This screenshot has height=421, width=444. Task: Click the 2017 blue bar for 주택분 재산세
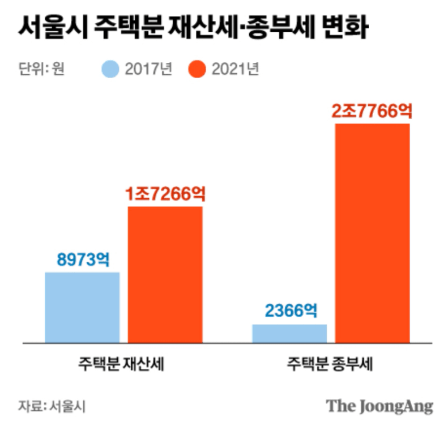pyautogui.click(x=83, y=307)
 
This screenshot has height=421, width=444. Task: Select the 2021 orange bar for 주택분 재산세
pyautogui.click(x=165, y=274)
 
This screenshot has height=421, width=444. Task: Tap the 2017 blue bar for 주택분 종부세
pyautogui.click(x=289, y=333)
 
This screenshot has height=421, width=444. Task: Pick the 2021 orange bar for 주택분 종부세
pyautogui.click(x=372, y=233)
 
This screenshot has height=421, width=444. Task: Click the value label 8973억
pyautogui.click(x=83, y=260)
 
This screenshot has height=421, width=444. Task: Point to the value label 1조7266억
pyautogui.click(x=165, y=194)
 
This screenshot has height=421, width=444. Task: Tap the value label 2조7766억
pyautogui.click(x=372, y=110)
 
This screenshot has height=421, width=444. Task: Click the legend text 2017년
pyautogui.click(x=148, y=70)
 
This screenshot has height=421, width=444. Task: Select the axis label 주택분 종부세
pyautogui.click(x=330, y=363)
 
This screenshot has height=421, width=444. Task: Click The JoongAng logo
pyautogui.click(x=379, y=406)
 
